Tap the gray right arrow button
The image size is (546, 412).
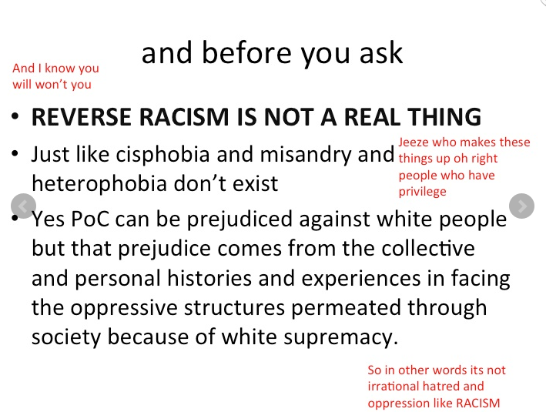[x=522, y=206]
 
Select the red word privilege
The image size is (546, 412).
[x=422, y=191]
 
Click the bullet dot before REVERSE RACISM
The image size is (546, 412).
[x=16, y=119]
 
